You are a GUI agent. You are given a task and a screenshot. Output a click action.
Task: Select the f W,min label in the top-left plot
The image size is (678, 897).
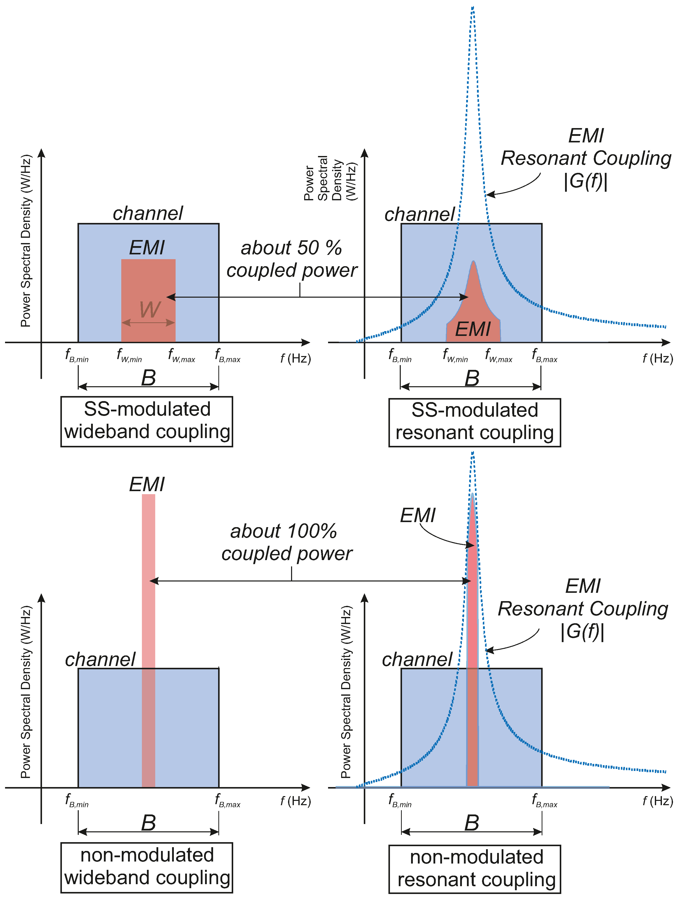coord(129,355)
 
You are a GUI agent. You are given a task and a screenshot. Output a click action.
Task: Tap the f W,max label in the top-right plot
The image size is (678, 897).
coord(499,355)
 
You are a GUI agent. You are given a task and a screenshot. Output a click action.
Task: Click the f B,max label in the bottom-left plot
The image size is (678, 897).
coord(227,800)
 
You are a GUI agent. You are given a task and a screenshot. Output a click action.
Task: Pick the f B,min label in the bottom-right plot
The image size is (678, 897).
coord(400,800)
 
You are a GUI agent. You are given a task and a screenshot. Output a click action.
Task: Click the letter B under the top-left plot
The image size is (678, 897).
coord(148,378)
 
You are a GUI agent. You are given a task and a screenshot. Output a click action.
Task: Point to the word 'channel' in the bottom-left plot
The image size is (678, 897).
coord(100,660)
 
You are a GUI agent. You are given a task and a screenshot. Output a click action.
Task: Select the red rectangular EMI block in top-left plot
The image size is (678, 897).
coord(148,284)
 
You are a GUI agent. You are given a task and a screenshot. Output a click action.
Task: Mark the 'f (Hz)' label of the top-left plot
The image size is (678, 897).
coord(296,359)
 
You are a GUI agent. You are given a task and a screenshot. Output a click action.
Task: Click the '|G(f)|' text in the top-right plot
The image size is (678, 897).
coord(586,181)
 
